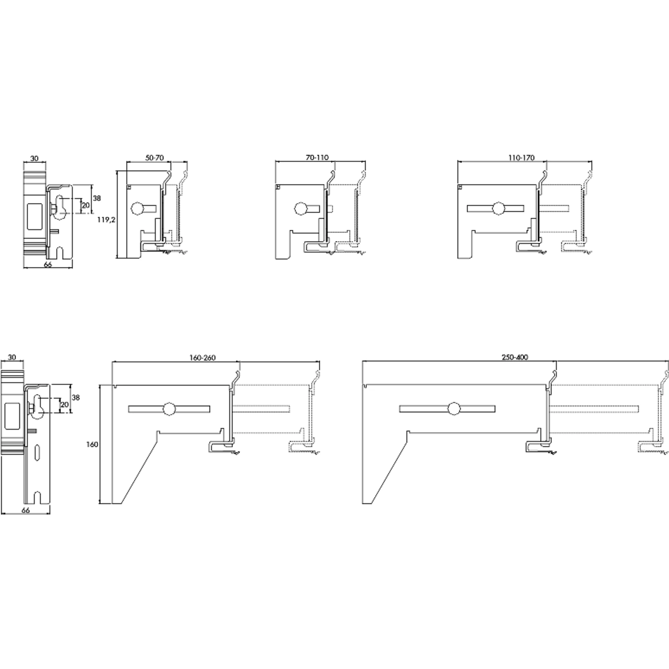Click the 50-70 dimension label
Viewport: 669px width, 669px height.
[x=154, y=158]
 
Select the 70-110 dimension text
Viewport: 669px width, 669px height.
[x=317, y=158]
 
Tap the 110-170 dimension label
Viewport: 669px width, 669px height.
[x=521, y=158]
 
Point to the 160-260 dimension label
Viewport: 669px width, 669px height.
[x=202, y=358]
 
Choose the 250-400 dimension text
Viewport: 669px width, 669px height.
[x=515, y=357]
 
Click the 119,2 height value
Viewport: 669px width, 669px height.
[x=106, y=219]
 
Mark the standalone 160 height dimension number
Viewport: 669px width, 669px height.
[x=92, y=444]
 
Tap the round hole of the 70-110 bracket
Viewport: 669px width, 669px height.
[x=301, y=209]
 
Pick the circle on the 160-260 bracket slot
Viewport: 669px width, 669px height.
[x=170, y=409]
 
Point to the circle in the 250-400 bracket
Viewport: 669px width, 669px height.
[x=454, y=409]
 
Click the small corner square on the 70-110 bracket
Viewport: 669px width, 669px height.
[x=277, y=187]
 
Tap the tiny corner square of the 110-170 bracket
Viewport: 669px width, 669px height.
[x=460, y=187]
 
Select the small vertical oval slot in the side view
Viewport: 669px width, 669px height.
[x=38, y=452]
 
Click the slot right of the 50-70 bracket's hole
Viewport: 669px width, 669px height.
[x=150, y=209]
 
